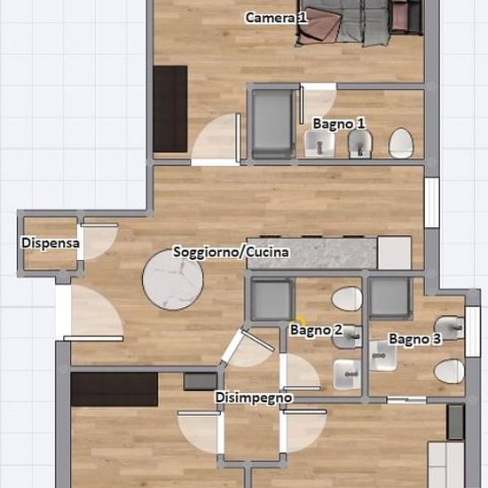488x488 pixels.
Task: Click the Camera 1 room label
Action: (x=276, y=18)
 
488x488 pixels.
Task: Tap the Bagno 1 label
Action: (x=339, y=124)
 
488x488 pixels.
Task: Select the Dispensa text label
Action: (x=51, y=243)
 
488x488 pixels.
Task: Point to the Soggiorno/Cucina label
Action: (x=231, y=252)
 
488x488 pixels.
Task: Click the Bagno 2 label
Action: (x=316, y=330)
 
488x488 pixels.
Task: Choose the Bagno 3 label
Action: (x=415, y=339)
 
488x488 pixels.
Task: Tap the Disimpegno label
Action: (x=254, y=397)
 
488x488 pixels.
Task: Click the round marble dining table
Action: (x=173, y=279)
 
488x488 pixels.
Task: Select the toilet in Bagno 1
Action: (x=400, y=144)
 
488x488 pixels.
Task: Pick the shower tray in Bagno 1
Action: (x=273, y=124)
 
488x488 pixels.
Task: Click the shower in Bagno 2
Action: (x=272, y=299)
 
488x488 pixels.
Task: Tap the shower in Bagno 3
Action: (x=390, y=298)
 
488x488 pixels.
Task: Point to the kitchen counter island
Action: (x=312, y=253)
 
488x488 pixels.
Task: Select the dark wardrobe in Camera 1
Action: (x=170, y=109)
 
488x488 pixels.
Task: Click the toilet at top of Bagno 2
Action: (x=347, y=298)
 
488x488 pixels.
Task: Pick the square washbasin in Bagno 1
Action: (x=319, y=144)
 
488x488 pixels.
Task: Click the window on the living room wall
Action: (x=432, y=202)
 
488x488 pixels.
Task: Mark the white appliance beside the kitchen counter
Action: (x=395, y=253)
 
